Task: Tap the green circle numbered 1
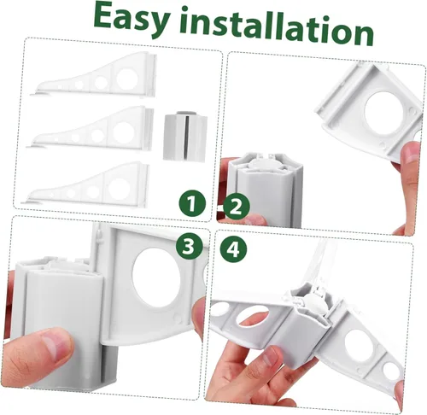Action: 192,203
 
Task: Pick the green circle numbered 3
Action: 190,246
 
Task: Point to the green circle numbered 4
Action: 234,249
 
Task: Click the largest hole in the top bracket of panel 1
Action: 127,79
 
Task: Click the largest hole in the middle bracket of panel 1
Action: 124,132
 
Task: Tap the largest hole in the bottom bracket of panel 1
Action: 118,189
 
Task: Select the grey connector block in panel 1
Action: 185,136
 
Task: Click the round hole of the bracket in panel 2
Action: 381,111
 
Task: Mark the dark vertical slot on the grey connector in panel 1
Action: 187,137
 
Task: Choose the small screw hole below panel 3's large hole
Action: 178,319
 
